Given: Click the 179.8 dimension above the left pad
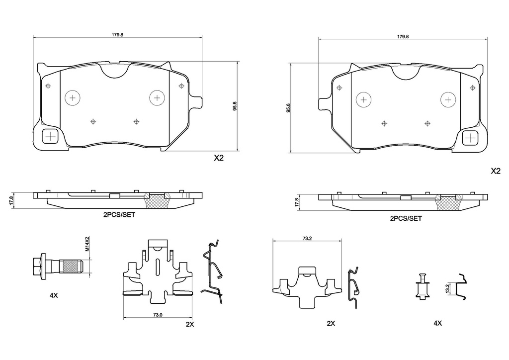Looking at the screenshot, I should pyautogui.click(x=117, y=35).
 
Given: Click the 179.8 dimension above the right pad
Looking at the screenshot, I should pyautogui.click(x=404, y=37).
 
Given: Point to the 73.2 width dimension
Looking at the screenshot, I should pyautogui.click(x=307, y=238).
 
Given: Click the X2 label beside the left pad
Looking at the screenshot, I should pyautogui.click(x=219, y=159).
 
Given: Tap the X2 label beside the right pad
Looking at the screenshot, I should pyautogui.click(x=495, y=171).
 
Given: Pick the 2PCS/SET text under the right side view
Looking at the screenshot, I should pyautogui.click(x=406, y=218).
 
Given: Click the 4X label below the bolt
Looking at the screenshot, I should pyautogui.click(x=54, y=295).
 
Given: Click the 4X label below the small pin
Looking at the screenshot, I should pyautogui.click(x=437, y=323).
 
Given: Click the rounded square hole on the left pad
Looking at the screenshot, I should pyautogui.click(x=51, y=135).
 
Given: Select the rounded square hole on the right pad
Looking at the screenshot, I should pyautogui.click(x=470, y=138).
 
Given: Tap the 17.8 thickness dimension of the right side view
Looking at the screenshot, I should pyautogui.click(x=296, y=201).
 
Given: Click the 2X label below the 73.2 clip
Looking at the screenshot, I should pyautogui.click(x=331, y=323).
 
